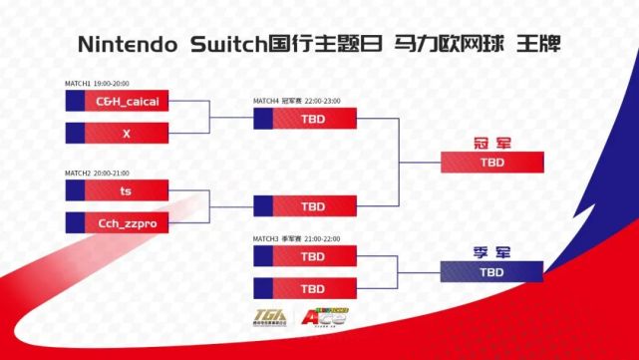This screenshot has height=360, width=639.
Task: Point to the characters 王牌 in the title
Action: (538, 45)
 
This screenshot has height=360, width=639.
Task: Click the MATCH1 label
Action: (77, 84)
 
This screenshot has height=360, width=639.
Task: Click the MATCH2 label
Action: (77, 173)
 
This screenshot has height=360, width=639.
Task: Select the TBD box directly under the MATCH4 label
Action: (305, 118)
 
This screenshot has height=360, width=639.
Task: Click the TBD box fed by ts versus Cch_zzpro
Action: (305, 206)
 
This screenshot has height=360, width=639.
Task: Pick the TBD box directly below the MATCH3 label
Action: (305, 256)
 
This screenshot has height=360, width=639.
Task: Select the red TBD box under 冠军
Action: (491, 162)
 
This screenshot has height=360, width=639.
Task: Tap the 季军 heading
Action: (490, 251)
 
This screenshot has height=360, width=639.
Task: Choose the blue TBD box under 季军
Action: (491, 272)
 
